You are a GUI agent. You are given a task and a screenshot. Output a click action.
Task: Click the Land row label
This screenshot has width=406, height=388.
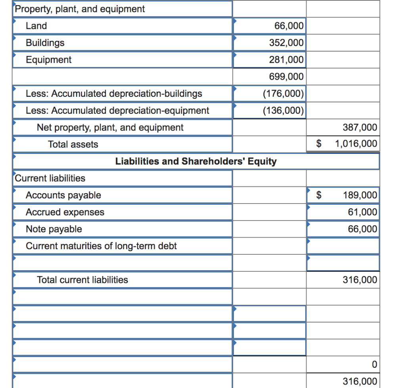point(36,26)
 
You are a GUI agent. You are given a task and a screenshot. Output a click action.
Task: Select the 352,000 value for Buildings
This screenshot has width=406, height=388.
point(286,43)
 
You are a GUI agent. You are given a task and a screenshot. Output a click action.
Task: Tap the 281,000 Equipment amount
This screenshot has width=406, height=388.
point(286,60)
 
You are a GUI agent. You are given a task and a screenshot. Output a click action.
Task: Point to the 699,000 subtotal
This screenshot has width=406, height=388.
point(286,77)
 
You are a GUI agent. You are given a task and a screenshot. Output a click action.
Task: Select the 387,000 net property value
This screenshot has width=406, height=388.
point(360,127)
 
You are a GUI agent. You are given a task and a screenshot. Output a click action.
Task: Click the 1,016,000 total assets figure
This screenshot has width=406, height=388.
point(356,144)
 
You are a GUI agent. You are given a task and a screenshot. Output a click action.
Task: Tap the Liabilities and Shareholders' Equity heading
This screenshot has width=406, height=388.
point(195,161)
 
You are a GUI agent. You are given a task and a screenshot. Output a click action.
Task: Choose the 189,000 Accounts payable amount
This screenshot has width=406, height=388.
point(360,195)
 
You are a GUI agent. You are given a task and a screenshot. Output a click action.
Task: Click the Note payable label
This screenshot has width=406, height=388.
point(54,229)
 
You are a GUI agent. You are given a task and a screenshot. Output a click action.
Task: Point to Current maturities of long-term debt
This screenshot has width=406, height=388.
point(101,246)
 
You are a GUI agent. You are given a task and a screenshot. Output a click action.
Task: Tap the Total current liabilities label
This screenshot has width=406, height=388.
point(82,280)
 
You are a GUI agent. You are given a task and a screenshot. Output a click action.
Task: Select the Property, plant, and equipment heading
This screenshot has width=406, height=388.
point(79,9)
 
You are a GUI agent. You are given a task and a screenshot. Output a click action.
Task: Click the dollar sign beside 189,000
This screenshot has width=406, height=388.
point(318,195)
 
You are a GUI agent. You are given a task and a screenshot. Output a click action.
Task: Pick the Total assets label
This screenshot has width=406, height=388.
point(73,144)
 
